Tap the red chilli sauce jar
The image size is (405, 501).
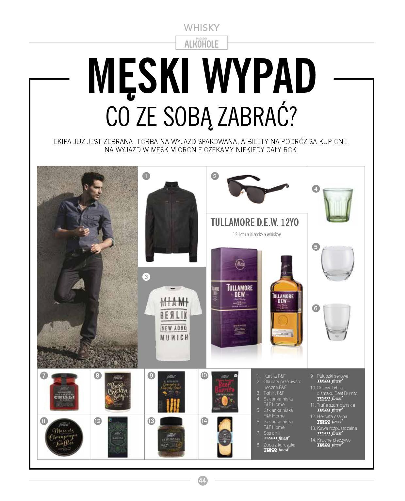point(64,392)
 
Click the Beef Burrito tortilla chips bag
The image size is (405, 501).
point(224,392)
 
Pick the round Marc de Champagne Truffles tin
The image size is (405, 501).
point(64,437)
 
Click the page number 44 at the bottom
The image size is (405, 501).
point(202,480)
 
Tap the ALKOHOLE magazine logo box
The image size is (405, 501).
point(202,43)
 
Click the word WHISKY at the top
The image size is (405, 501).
point(202,27)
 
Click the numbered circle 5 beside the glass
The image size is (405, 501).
point(316,247)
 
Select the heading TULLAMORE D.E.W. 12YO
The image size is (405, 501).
point(255,223)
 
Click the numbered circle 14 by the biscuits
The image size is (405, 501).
point(204,421)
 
